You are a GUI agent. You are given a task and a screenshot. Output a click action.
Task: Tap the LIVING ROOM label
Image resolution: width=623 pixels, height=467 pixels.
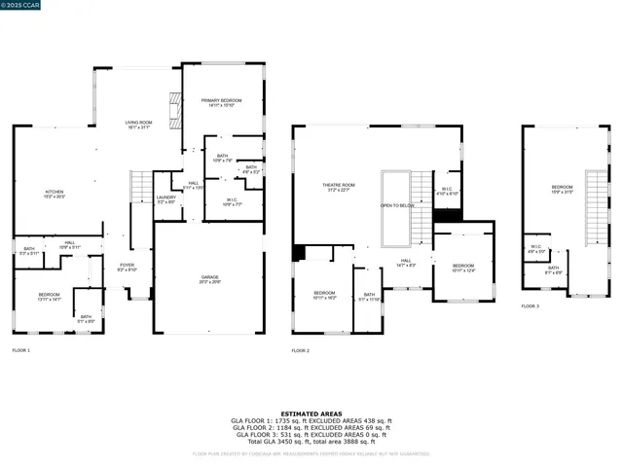(x=138, y=124)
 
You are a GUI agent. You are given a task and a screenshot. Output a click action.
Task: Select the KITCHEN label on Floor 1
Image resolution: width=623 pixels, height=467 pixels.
(x=54, y=193)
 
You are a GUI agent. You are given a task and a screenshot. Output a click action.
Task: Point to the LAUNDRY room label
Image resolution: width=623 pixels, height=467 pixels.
(x=166, y=199)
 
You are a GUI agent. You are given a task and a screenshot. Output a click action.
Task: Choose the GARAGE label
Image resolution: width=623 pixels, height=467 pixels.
(x=209, y=278)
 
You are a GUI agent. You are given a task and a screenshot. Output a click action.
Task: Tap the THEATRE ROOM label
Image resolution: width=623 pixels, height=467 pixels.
(x=339, y=186)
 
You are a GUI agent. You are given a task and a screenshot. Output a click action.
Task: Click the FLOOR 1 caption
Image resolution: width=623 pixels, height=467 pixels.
(x=21, y=349)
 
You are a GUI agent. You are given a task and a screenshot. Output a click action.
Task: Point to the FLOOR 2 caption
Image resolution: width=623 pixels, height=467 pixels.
(x=301, y=349)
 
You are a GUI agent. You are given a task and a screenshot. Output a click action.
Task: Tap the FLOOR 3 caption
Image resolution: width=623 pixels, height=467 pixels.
(x=530, y=306)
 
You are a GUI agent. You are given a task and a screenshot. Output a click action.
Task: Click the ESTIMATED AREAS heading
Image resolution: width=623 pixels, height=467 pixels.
(x=311, y=413)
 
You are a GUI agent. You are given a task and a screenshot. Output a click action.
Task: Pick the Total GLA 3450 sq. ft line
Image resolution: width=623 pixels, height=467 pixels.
(x=311, y=441)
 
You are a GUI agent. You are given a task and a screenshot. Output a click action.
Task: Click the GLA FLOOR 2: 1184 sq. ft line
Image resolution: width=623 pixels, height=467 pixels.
(x=311, y=427)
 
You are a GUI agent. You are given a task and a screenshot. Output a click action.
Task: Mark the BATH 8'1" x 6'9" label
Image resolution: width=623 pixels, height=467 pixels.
(x=553, y=269)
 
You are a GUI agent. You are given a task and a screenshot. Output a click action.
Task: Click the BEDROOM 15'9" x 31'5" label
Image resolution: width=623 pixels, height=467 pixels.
(x=562, y=189)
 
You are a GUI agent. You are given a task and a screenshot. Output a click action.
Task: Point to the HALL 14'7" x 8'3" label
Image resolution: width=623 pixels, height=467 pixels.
(x=407, y=262)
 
